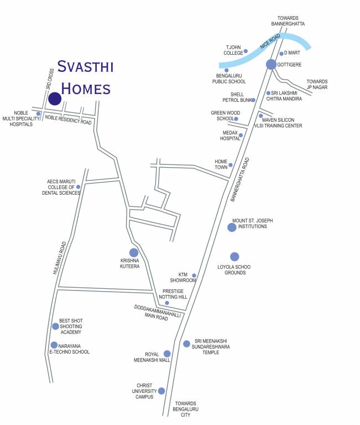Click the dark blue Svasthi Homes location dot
55,99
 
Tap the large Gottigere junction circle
271,64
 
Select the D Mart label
292,53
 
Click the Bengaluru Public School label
229,77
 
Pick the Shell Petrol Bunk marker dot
253,100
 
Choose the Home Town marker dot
231,165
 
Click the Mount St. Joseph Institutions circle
232,227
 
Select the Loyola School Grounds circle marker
234,256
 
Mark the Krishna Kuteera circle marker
134,253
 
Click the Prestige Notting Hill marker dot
167,303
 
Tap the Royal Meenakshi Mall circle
167,354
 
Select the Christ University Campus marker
161,391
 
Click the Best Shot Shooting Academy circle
55,326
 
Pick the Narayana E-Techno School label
69,349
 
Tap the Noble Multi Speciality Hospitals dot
38,114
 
